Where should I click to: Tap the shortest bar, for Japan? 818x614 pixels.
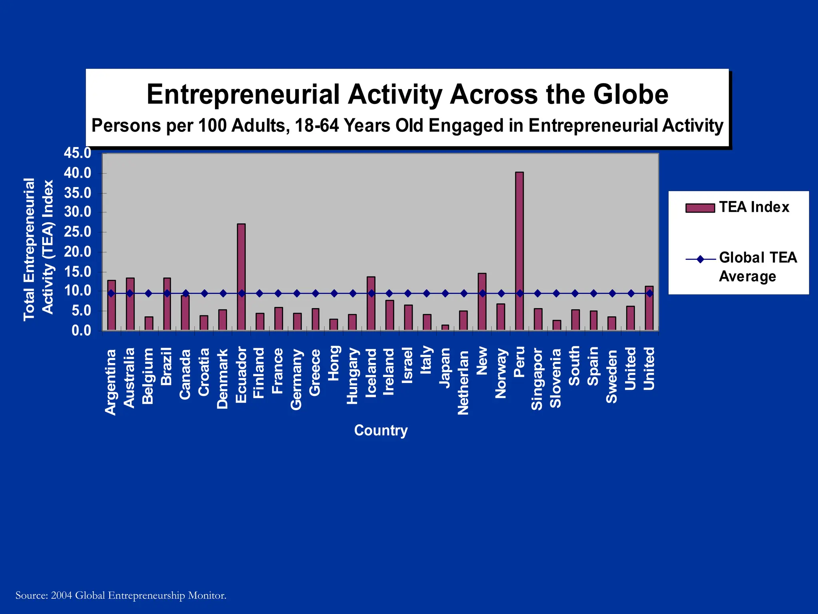[445, 327]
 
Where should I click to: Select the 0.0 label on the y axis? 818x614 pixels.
[81, 331]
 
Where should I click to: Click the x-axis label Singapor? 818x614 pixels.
[537, 379]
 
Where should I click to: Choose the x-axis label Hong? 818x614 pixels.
[334, 363]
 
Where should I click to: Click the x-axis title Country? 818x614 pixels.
[381, 430]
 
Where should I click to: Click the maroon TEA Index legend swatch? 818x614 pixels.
[700, 208]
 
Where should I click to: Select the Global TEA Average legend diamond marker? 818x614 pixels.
[700, 259]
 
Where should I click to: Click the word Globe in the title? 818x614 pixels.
[630, 95]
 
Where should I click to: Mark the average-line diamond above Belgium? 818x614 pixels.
[148, 293]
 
